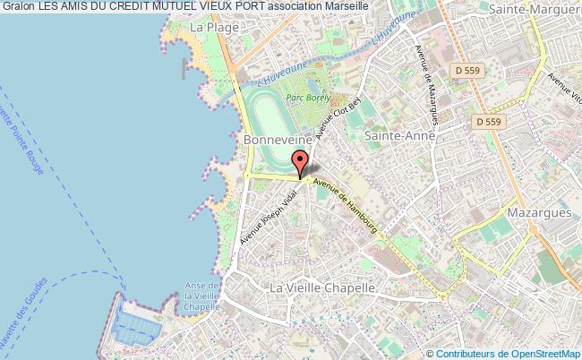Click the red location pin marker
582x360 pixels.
(x=301, y=164)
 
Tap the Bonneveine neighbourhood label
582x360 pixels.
(x=278, y=141)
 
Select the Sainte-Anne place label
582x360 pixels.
(x=400, y=134)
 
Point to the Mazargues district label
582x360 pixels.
(x=539, y=215)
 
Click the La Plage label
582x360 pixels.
(x=212, y=28)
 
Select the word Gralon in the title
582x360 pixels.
(x=19, y=8)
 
